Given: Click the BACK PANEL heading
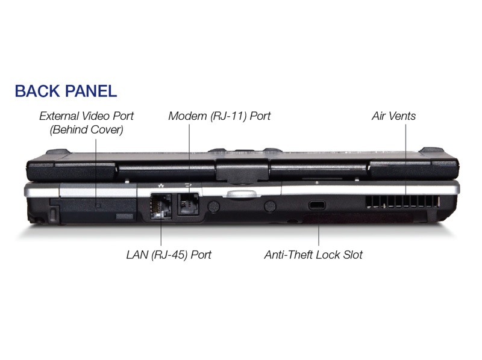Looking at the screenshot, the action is pos(66,92).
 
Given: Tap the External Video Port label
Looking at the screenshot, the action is pos(86,123).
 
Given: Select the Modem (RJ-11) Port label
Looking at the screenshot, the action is pos(219,116).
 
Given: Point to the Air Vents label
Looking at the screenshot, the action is pos(393,116).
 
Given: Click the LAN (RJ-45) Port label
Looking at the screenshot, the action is pos(169,255).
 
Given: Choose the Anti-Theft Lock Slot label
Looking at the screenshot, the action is pos(313,255).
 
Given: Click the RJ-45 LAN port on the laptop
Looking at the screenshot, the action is pos(160,206).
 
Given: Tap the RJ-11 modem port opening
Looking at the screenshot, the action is pos(188,204).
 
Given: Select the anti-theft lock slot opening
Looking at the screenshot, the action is pos(317,205).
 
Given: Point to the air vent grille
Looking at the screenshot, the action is pos(402,202).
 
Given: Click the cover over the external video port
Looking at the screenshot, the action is pos(98,210).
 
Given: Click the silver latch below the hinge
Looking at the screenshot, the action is pos(242,194).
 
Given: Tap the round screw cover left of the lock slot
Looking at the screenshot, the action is pos(270,206).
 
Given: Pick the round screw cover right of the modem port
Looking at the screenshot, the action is pos(213,206).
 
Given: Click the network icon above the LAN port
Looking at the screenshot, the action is pos(160,185).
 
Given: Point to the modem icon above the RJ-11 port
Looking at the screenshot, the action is pos(188,185).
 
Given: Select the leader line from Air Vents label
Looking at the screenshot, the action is pos(405,160).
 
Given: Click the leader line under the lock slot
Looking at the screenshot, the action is pos(319,228).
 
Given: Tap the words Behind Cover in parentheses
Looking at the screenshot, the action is pos(86,129).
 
